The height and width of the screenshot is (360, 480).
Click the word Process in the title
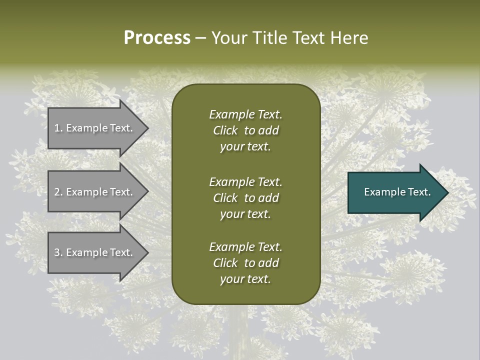tap(157, 38)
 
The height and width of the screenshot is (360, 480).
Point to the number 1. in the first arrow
tap(58, 128)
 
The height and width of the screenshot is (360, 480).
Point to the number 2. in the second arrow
tap(58, 192)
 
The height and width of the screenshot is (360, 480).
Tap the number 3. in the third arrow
tap(58, 252)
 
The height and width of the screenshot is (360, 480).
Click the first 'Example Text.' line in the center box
tap(245, 114)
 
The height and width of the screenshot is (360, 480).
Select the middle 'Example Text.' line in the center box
tap(245, 182)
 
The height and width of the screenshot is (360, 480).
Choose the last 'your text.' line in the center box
tap(245, 279)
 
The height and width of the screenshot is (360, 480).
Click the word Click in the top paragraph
tap(225, 130)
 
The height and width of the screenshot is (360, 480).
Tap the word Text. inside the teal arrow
tap(414, 192)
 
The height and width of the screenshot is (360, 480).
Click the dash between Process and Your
tap(200, 38)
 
